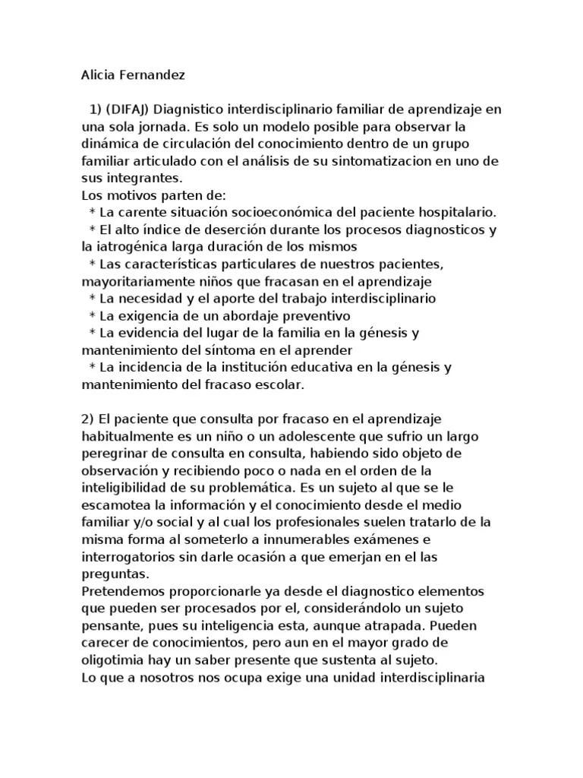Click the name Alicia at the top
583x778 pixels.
point(96,75)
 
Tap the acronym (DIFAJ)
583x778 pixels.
point(132,110)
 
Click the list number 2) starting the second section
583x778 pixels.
point(88,419)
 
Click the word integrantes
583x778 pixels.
point(143,179)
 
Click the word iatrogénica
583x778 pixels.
point(130,247)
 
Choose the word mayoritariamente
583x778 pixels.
point(135,281)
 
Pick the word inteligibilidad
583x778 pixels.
point(128,488)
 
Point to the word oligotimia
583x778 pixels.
point(113,659)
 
